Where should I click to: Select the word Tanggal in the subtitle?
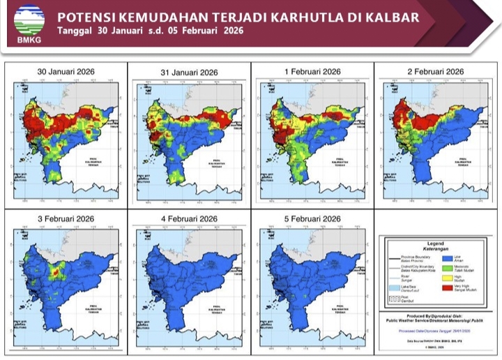coord(76,31)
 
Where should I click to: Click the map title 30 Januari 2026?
coord(66,72)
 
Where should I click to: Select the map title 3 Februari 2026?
coord(66,219)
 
